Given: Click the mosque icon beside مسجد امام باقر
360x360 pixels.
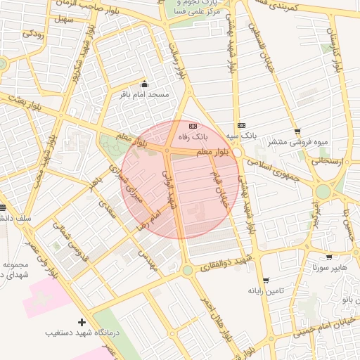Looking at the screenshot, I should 145,84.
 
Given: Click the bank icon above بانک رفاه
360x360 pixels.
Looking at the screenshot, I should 194,125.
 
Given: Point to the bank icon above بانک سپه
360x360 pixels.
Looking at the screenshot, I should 242,124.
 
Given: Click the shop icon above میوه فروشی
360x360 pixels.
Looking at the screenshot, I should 297,131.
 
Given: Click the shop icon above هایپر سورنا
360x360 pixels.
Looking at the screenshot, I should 329,257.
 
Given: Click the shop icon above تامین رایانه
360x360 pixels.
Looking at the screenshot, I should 265,280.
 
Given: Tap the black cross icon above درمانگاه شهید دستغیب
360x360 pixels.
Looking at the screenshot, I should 82,321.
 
